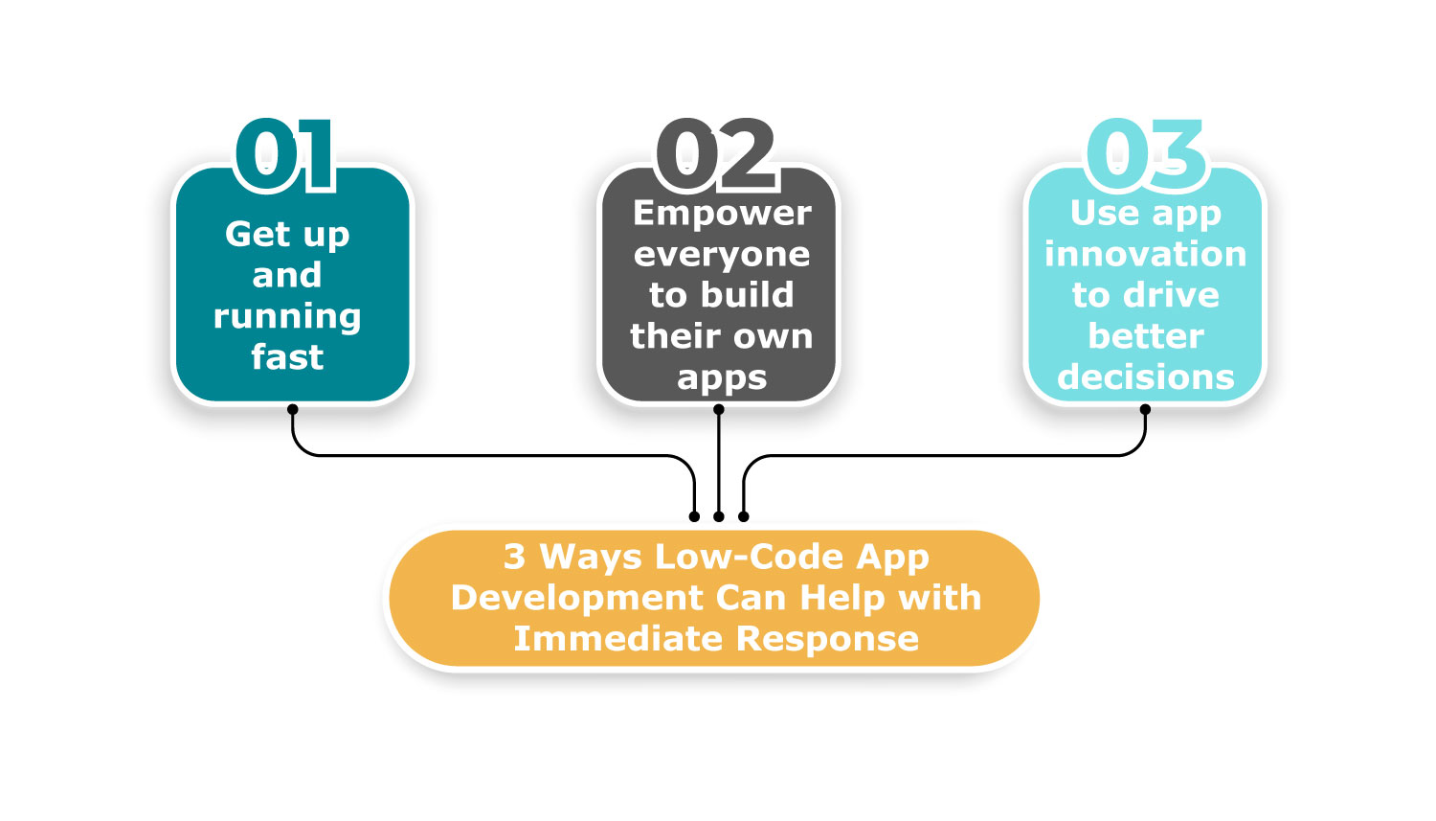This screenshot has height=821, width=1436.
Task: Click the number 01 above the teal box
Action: pos(285,154)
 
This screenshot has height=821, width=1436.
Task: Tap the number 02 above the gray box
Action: pos(716,154)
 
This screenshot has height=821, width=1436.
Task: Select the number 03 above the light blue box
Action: pos(1146,154)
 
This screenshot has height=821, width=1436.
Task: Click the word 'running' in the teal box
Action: pos(287,317)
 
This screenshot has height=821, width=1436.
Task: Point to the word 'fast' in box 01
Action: pos(287,356)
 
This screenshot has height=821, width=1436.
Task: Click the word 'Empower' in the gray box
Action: pos(722,214)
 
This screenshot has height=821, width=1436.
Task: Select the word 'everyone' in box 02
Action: pos(722,255)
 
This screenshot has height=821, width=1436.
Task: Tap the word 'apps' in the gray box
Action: pos(722,378)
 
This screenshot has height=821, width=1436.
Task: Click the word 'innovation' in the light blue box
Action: pos(1146,254)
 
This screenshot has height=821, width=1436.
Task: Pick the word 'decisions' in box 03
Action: pos(1146,377)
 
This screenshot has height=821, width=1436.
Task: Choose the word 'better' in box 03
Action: pos(1146,336)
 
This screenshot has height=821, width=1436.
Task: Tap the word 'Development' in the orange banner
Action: pos(577,598)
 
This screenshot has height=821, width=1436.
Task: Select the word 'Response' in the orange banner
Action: pos(827,639)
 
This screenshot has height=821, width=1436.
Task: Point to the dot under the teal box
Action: pos(292,409)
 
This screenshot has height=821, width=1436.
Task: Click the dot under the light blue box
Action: pos(1145,409)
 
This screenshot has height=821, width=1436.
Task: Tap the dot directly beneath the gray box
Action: pos(719,409)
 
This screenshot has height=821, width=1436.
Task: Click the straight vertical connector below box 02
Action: pos(719,463)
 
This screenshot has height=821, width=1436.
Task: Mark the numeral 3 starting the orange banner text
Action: pos(513,557)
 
